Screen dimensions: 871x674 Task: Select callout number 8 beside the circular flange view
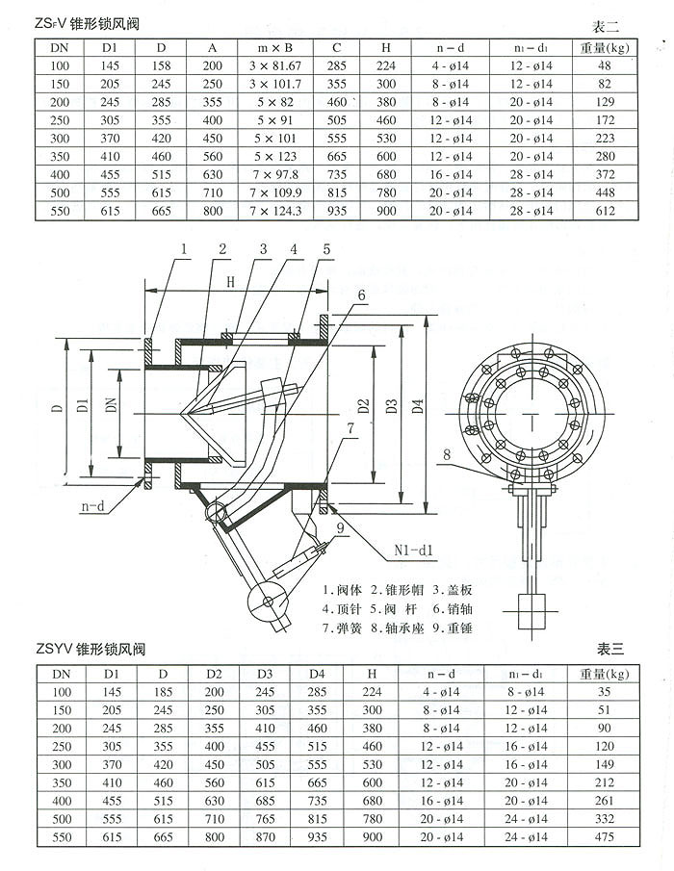click(x=447, y=454)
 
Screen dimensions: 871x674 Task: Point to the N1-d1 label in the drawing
click(x=415, y=551)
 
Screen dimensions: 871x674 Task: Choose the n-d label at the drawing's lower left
click(x=93, y=503)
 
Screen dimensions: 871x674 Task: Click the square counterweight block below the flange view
click(x=531, y=608)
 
